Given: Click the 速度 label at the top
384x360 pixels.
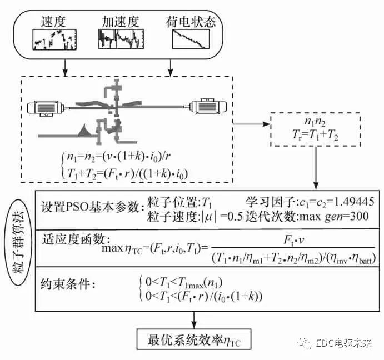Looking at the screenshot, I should click(x=54, y=22).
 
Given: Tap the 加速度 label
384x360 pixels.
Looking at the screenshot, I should click(x=119, y=22).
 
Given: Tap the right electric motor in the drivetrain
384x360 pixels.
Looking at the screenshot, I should click(x=206, y=106).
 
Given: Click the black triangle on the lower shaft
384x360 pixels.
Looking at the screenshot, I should click(x=85, y=131).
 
